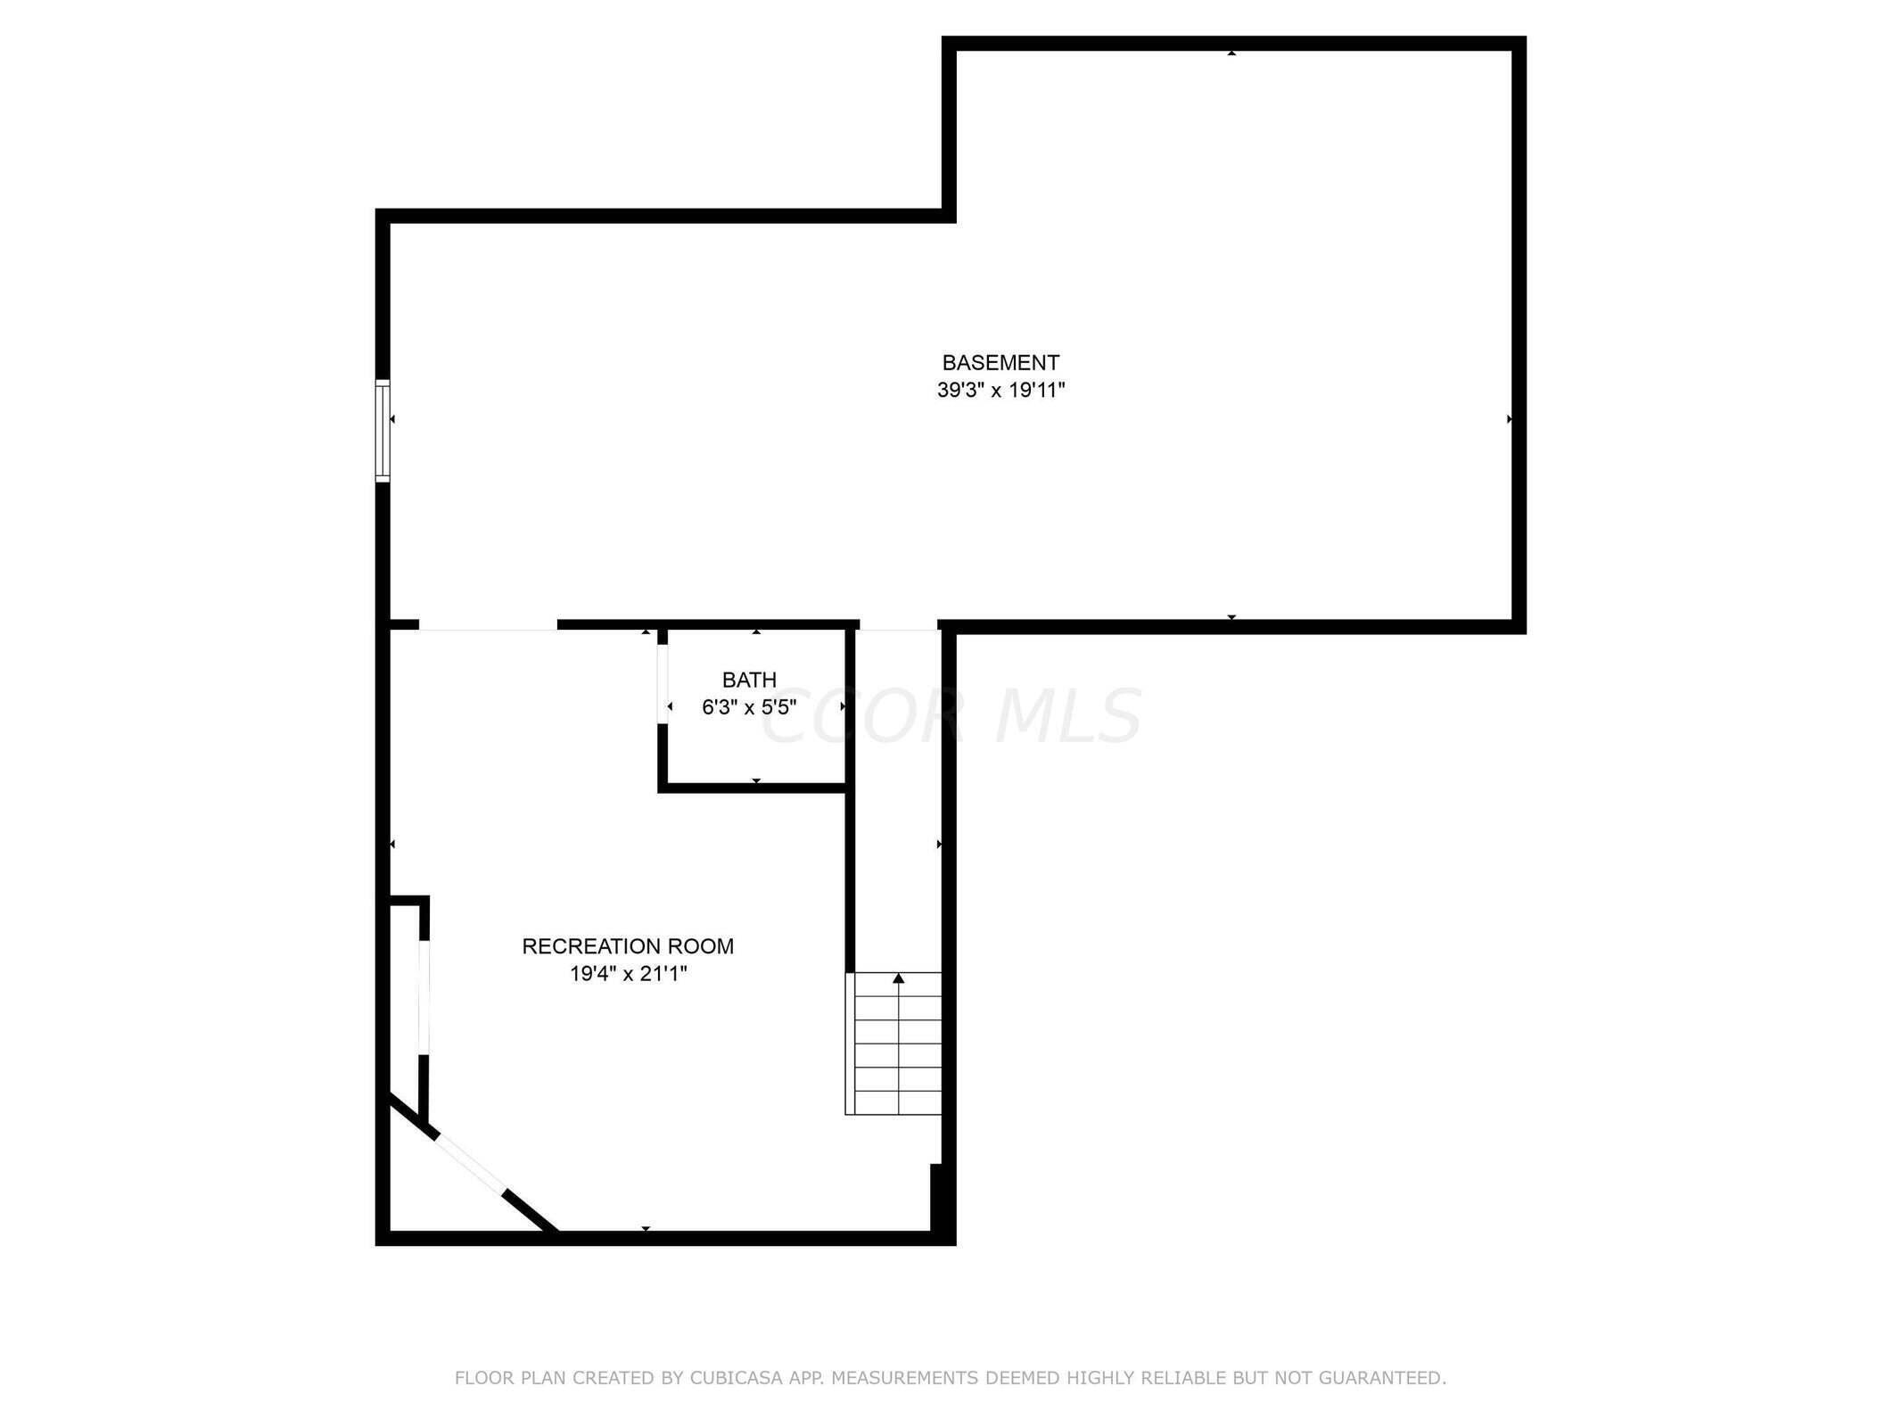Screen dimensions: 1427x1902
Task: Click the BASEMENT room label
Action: [x=1000, y=363]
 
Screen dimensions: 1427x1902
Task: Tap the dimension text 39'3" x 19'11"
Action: [x=1000, y=391]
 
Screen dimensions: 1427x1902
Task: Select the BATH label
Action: [x=749, y=680]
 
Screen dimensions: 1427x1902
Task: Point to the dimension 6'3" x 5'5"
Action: [x=749, y=707]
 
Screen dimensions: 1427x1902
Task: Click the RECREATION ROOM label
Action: [x=628, y=946]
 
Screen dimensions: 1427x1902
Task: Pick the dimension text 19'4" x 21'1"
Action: [x=628, y=974]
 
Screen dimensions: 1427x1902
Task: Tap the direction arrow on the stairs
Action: [x=899, y=979]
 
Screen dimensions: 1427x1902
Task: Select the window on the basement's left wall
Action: [x=383, y=431]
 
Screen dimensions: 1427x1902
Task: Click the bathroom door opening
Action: [x=663, y=684]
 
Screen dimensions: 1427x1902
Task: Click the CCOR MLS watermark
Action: [x=951, y=716]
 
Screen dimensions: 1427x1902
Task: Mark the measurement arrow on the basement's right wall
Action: [x=1509, y=419]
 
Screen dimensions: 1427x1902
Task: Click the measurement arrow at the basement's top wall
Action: [x=1231, y=54]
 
